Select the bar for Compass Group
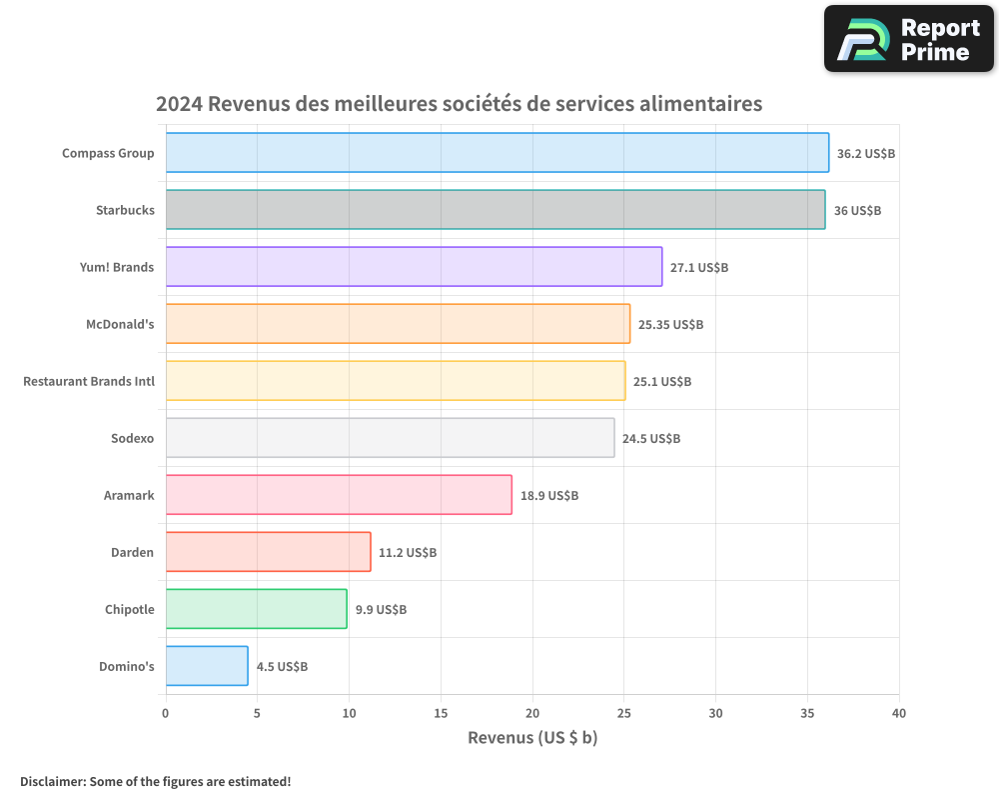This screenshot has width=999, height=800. [497, 153]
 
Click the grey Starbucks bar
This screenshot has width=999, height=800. [495, 210]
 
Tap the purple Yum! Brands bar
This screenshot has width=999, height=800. [414, 267]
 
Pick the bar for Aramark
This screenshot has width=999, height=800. [339, 495]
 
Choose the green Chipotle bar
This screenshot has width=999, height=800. [256, 609]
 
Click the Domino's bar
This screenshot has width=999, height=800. [207, 666]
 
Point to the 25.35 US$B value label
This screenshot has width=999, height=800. [671, 325]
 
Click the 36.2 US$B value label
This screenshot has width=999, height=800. [865, 154]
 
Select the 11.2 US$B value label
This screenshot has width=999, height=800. [408, 553]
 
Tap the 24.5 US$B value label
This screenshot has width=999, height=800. [651, 439]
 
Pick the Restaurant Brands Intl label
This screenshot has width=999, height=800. [89, 381]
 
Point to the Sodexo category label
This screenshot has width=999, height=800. [132, 438]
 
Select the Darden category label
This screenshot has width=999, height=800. [132, 552]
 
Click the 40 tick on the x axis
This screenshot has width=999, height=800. [899, 713]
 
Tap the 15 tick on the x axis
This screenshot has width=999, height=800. [441, 713]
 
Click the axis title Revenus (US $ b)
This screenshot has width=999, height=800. [532, 738]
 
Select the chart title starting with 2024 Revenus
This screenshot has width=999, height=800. [459, 104]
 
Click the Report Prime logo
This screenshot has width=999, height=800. [909, 39]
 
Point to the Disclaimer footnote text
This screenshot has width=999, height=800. [156, 781]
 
